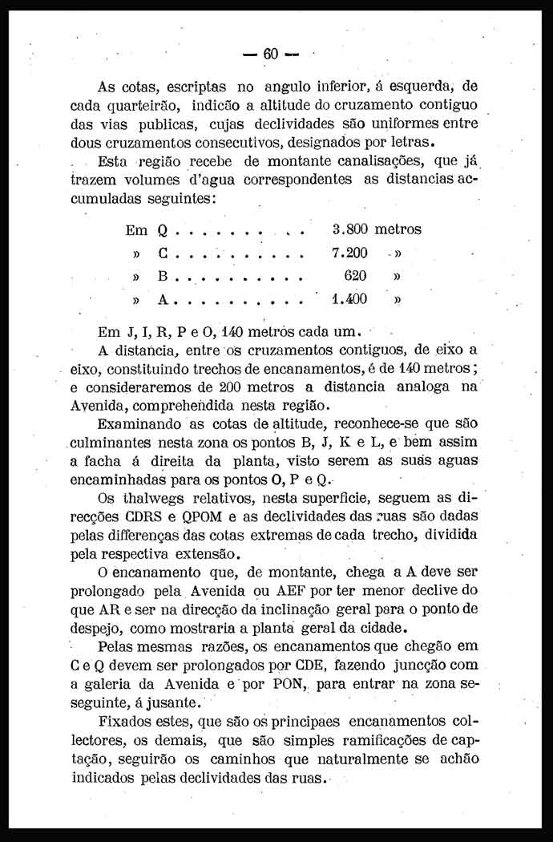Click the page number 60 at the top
click(x=269, y=54)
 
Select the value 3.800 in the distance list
click(x=349, y=229)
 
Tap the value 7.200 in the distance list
click(x=349, y=253)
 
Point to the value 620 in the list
click(x=354, y=276)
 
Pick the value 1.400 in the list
click(x=349, y=300)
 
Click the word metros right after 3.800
click(x=398, y=229)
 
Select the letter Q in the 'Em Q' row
click(x=162, y=231)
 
